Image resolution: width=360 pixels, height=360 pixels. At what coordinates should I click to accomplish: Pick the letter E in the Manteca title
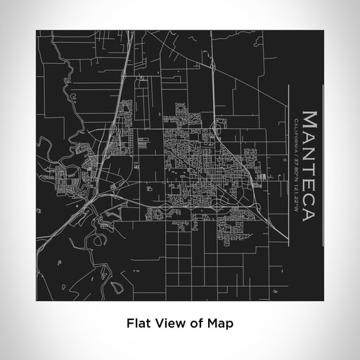pos(309,177)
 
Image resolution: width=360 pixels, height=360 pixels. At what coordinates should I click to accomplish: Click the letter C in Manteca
pos(309,193)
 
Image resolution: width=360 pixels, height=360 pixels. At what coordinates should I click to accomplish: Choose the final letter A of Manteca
pos(309,209)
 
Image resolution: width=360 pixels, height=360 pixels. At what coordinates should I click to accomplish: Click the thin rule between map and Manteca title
pos(290,162)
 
